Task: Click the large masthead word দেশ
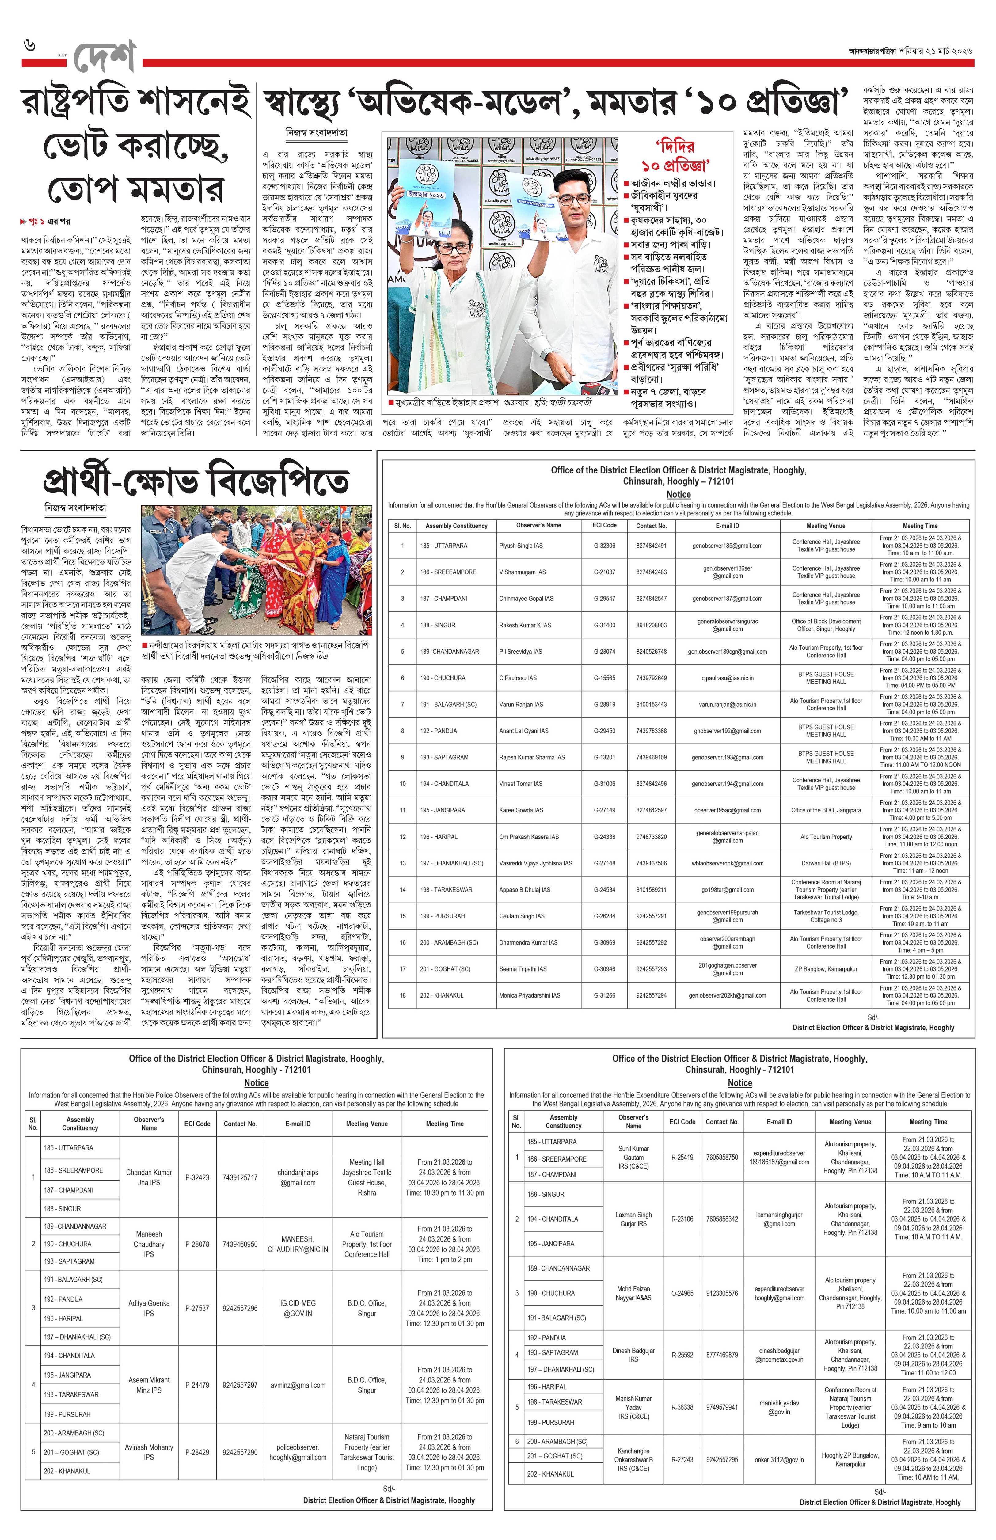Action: (x=104, y=58)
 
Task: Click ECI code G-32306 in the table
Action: (x=605, y=545)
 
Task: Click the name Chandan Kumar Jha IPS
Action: (x=149, y=1177)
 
